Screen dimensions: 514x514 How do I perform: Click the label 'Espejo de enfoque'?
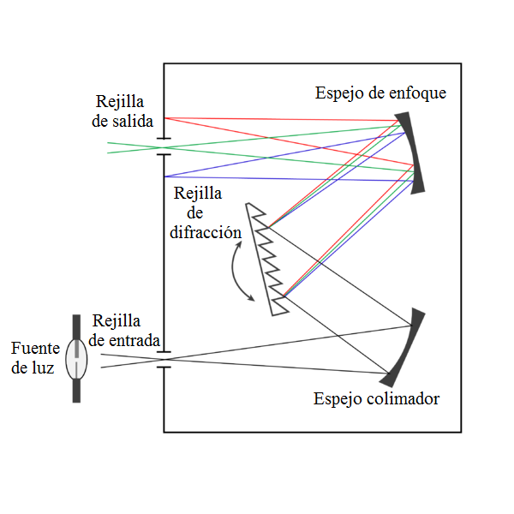380,93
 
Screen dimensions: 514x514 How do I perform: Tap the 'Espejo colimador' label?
376,399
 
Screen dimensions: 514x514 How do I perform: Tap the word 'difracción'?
206,232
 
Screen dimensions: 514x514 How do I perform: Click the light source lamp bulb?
77,359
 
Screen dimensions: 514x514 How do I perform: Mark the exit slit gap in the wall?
164,146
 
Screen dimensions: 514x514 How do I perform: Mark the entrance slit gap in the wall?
164,359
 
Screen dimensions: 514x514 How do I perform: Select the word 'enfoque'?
419,93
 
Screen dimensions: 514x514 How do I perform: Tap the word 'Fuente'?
34,349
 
